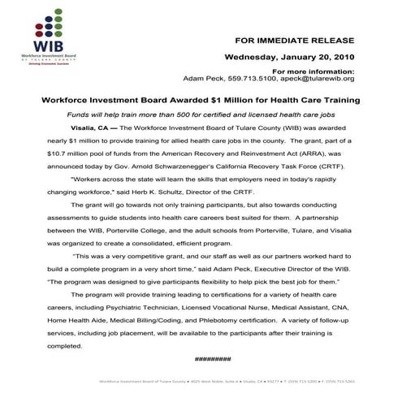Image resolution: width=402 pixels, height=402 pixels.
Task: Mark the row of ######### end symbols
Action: click(213, 358)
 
